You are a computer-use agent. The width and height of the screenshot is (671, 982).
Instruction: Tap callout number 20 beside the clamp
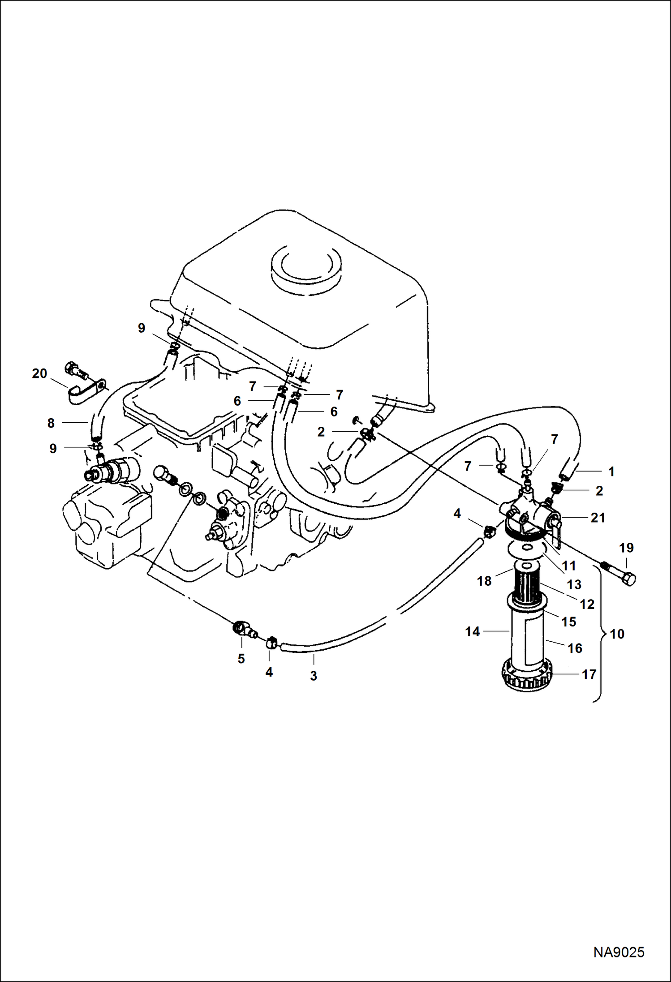coord(39,373)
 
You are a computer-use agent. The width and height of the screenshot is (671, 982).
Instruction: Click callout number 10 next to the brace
coord(617,634)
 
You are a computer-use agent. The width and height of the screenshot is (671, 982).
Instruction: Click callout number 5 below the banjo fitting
coord(241,658)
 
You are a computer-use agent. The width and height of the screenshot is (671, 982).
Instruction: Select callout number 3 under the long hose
coord(314,676)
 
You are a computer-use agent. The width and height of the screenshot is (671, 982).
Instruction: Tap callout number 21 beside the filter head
coord(598,518)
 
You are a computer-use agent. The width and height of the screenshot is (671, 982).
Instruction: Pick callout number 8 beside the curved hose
coord(51,423)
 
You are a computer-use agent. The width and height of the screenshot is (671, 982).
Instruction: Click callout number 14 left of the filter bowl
coord(472,631)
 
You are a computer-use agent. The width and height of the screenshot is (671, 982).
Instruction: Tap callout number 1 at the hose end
coord(611,472)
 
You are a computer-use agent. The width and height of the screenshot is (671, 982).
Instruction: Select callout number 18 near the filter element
coord(484,581)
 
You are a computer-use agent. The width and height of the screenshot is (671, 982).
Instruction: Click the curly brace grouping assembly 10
coord(599,634)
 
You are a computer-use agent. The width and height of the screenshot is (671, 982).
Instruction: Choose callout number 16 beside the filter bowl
coord(575,648)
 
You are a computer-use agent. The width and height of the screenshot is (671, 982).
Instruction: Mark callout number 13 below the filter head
coord(574,584)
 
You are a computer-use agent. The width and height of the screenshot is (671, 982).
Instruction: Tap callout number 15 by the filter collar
coord(568,622)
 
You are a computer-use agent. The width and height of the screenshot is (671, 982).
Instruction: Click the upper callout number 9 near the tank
coord(142,328)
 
